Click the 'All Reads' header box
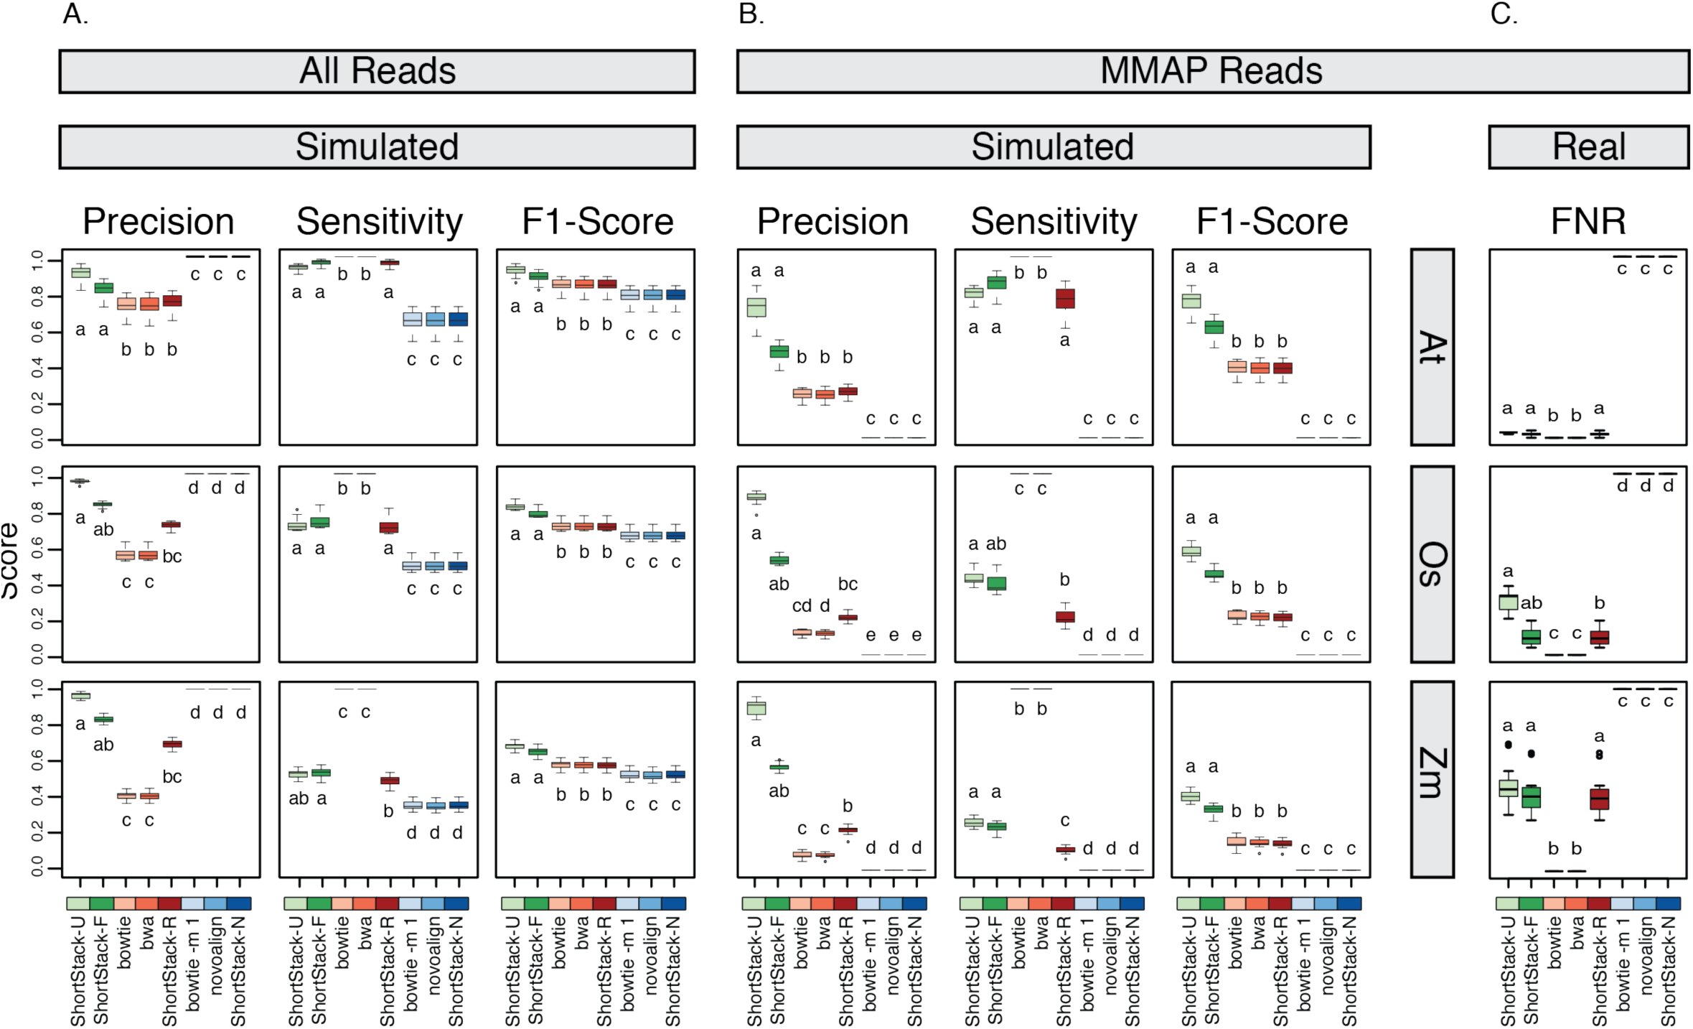click(377, 71)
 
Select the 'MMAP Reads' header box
click(1213, 71)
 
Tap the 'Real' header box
click(1589, 147)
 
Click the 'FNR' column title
click(1588, 221)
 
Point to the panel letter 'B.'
click(751, 14)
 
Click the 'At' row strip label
click(1432, 348)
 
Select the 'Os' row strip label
click(1432, 564)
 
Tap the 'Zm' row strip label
click(1432, 780)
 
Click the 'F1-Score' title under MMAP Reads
click(1272, 221)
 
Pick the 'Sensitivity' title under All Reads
click(379, 222)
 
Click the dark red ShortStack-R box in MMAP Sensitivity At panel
click(1065, 298)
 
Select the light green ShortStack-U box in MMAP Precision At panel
click(756, 307)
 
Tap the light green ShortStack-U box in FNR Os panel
click(1508, 602)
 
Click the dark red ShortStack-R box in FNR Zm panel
click(1599, 799)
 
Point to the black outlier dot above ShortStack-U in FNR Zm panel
click(1508, 745)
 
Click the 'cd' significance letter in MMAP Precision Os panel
click(802, 606)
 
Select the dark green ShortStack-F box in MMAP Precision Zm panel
click(779, 767)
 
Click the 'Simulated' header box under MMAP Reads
click(1054, 147)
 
